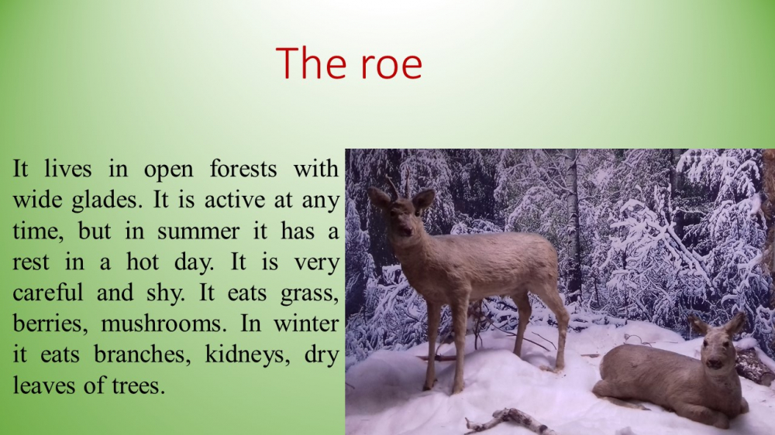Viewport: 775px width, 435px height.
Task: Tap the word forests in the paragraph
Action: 243,169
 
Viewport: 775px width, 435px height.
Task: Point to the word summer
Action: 198,232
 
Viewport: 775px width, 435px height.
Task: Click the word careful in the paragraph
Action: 48,292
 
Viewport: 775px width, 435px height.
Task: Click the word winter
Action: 306,324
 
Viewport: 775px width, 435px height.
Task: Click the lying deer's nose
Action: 714,365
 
